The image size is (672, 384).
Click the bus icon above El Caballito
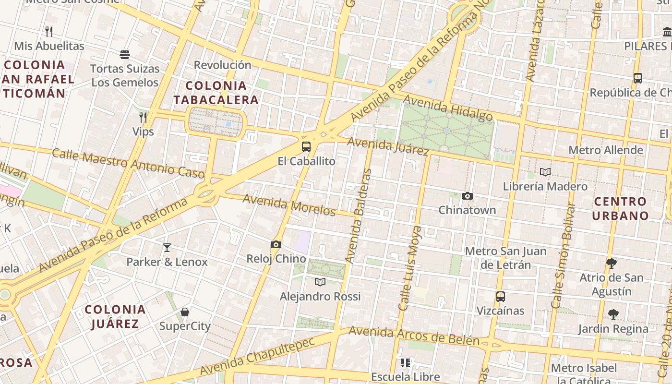(306, 147)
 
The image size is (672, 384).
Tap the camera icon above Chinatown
(467, 196)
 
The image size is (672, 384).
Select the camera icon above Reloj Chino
(276, 245)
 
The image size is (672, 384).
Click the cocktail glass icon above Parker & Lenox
(167, 248)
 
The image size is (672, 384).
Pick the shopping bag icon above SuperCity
(185, 312)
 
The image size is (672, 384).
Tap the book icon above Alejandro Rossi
(320, 282)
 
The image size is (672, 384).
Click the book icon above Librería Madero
(545, 172)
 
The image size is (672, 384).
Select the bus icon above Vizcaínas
(500, 297)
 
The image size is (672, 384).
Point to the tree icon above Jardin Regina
(613, 314)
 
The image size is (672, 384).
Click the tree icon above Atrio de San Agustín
(611, 263)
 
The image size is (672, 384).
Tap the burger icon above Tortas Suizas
(125, 55)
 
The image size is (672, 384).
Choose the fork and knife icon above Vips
(143, 117)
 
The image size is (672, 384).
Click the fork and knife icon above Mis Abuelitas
(48, 32)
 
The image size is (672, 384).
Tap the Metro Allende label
(605, 150)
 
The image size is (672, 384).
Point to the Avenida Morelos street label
(288, 205)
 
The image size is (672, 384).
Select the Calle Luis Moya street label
(409, 268)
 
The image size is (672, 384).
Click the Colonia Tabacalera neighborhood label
(216, 93)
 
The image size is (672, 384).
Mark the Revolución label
(222, 65)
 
